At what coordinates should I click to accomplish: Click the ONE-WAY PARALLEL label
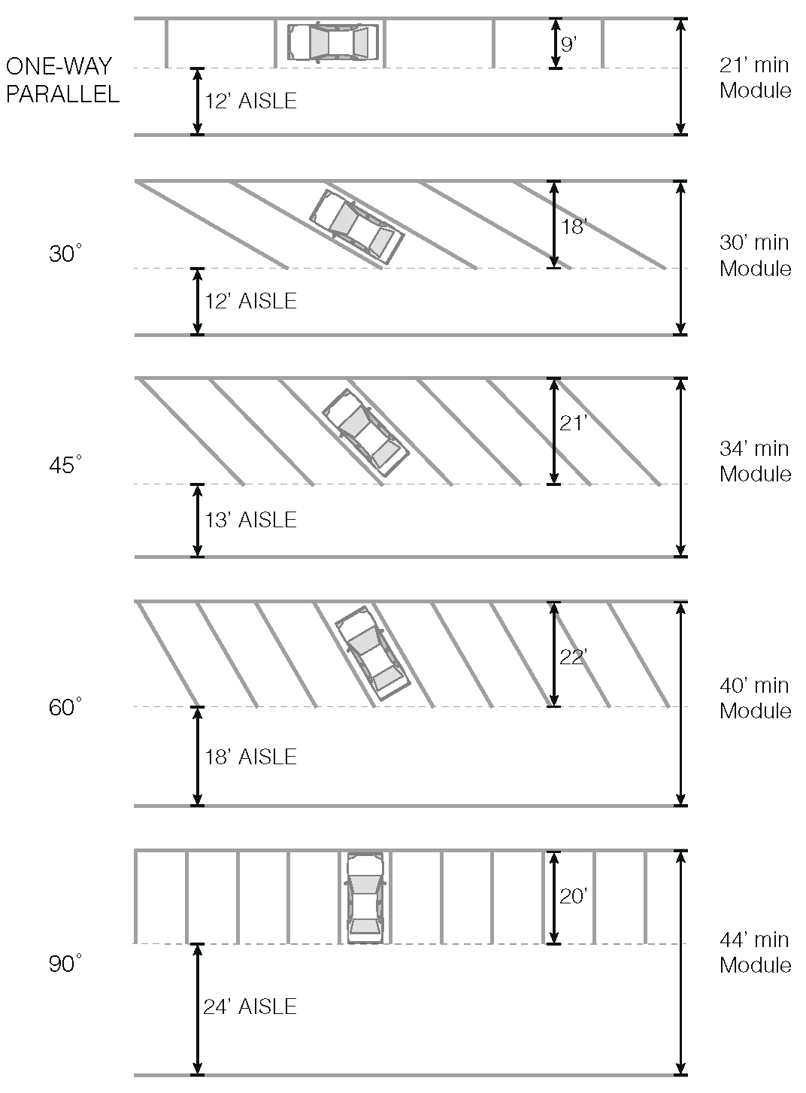point(62,80)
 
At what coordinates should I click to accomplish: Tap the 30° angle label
point(65,254)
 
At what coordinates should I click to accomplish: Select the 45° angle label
point(65,465)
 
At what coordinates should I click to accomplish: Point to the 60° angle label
point(65,708)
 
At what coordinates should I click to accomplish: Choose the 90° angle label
point(65,964)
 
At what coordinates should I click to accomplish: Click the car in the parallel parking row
point(333,42)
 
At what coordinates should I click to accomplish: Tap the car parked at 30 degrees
point(356,226)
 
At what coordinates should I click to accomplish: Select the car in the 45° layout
point(365,433)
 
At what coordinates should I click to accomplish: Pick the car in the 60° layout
point(372,653)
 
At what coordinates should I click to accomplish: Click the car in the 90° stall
point(365,897)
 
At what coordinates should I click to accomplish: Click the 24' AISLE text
point(250,1006)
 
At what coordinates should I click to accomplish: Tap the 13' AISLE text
point(251,520)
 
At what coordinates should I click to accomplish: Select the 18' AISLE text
point(251,757)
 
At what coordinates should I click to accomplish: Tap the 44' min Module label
point(756,952)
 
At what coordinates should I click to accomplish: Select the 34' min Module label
point(756,461)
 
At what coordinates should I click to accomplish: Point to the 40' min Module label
point(756,698)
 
